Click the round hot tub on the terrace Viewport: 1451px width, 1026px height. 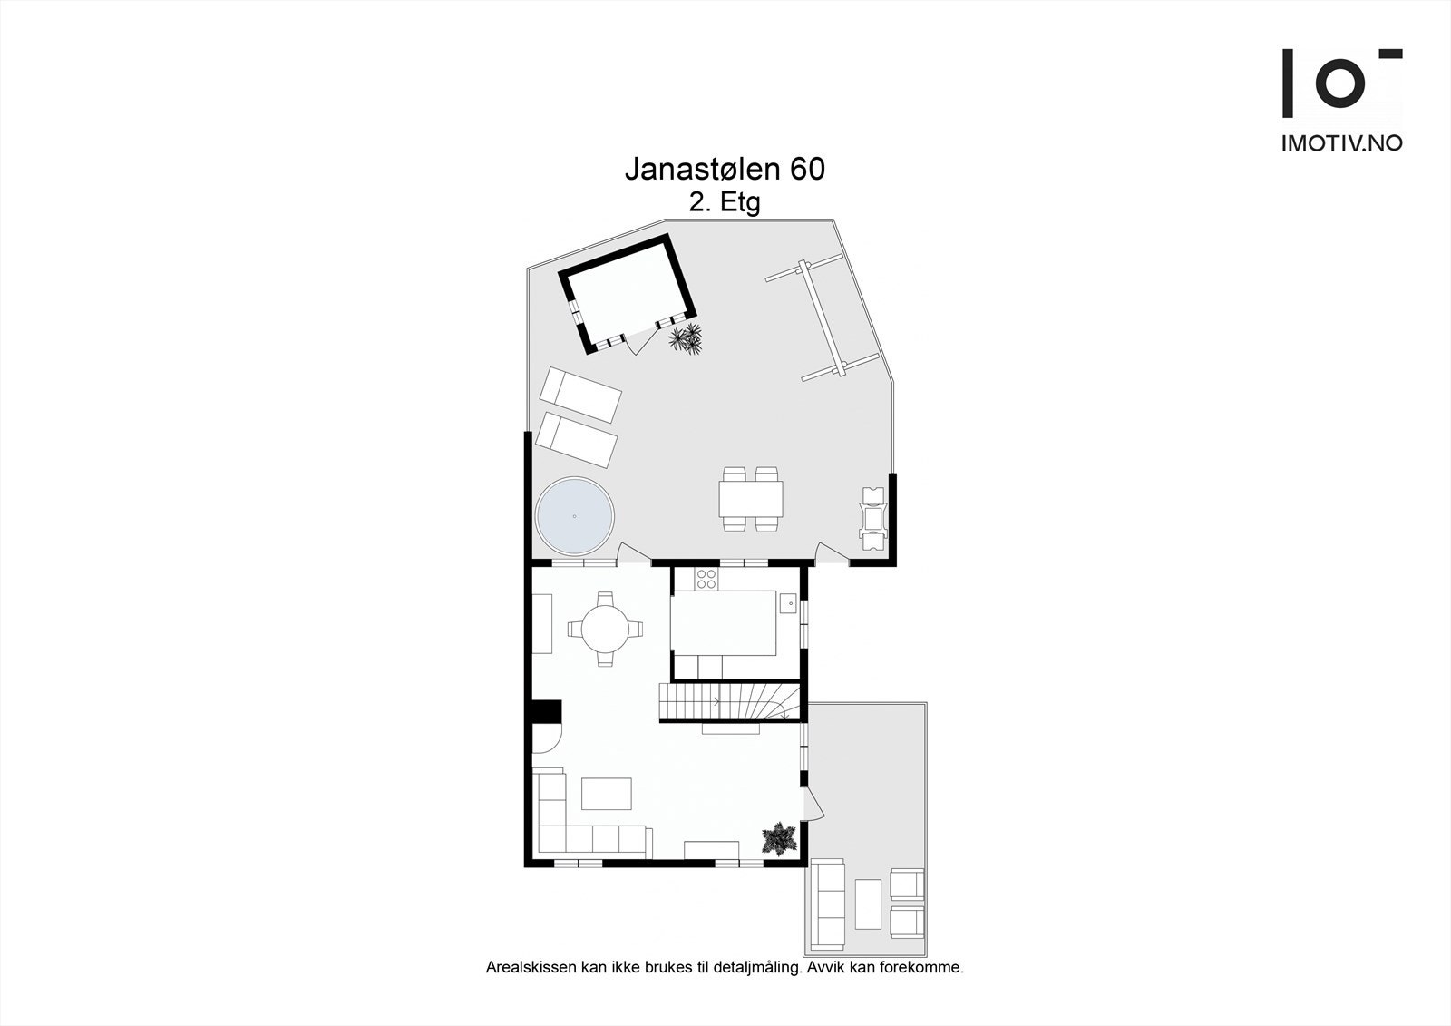click(574, 515)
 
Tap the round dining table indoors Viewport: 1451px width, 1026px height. click(605, 628)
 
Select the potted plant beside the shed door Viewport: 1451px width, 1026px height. click(687, 341)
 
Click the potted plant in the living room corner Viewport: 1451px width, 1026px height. click(779, 839)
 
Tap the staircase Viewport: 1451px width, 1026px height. click(731, 702)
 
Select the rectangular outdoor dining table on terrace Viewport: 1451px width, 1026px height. click(751, 498)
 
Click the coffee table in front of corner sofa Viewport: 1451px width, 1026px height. click(607, 793)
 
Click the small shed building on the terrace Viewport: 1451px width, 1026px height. click(626, 292)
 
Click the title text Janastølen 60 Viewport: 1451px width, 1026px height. click(725, 170)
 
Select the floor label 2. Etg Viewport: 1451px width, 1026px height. click(724, 203)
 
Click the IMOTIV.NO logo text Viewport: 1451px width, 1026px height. click(1341, 142)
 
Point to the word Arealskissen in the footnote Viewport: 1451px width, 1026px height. click(531, 968)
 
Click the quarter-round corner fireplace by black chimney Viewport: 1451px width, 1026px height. click(544, 740)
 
